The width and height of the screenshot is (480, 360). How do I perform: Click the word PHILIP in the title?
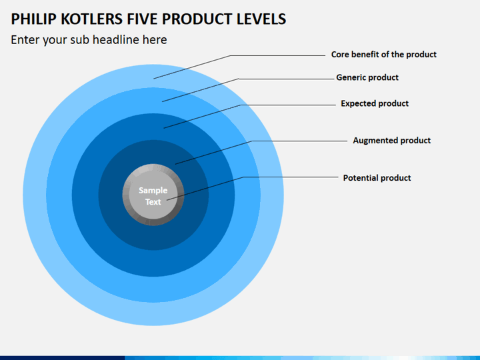pyautogui.click(x=34, y=19)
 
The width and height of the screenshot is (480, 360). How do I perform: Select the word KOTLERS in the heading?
pyautogui.click(x=92, y=19)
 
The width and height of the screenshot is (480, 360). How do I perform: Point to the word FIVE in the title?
pyautogui.click(x=143, y=19)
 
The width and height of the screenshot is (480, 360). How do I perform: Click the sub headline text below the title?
pyautogui.click(x=89, y=40)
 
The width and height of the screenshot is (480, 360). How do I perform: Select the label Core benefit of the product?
pyautogui.click(x=384, y=55)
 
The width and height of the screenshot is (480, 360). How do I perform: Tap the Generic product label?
pyautogui.click(x=367, y=77)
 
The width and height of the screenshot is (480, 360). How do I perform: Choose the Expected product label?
pyautogui.click(x=375, y=103)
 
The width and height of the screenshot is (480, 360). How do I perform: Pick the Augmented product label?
pyautogui.click(x=392, y=141)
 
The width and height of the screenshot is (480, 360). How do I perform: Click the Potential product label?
pyautogui.click(x=377, y=178)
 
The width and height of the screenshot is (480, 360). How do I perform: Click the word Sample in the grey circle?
pyautogui.click(x=153, y=191)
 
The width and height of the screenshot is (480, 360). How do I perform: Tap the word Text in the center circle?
pyautogui.click(x=153, y=202)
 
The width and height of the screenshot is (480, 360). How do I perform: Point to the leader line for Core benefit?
pyautogui.click(x=231, y=56)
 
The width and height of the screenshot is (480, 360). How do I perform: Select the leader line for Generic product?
pyautogui.click(x=239, y=79)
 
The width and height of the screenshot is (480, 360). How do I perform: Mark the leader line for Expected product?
pyautogui.click(x=241, y=105)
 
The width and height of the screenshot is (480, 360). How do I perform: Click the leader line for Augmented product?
pyautogui.click(x=252, y=141)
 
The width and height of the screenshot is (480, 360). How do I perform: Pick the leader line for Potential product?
pyautogui.click(x=244, y=177)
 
